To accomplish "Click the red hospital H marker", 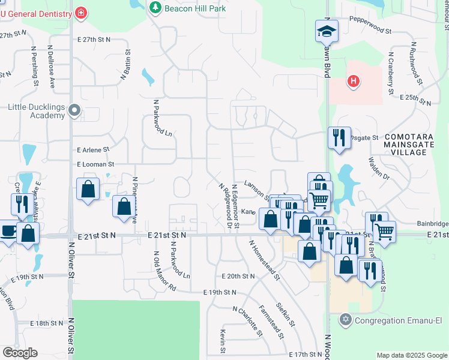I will (354, 80).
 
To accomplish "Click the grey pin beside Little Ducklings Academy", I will (74, 110).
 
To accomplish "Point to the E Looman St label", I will (95, 164).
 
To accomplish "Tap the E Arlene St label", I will (93, 149).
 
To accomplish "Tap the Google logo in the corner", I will (20, 353).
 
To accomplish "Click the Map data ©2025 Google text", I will (411, 355).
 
